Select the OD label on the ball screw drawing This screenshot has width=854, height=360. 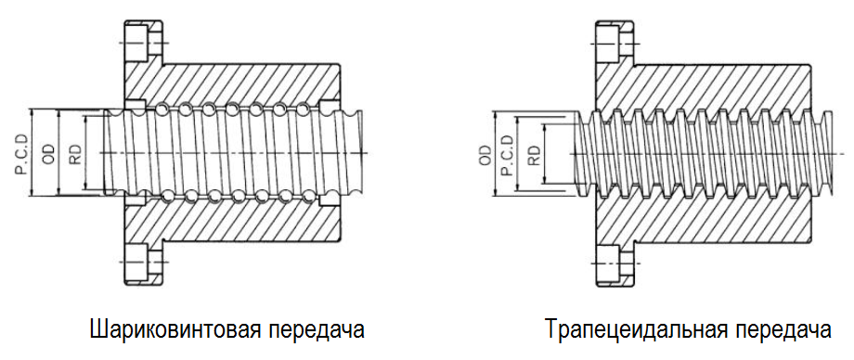coord(49,154)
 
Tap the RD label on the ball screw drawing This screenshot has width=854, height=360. coord(75,153)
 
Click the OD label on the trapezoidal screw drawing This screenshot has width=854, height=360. coord(485,155)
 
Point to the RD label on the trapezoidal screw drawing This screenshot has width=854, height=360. coord(535,155)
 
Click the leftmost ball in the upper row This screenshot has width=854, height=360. coord(162,109)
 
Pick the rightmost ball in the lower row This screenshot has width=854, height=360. coord(306,195)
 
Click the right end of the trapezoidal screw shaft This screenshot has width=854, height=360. coord(830,153)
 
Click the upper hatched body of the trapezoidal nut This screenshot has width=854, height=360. coord(702,84)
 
